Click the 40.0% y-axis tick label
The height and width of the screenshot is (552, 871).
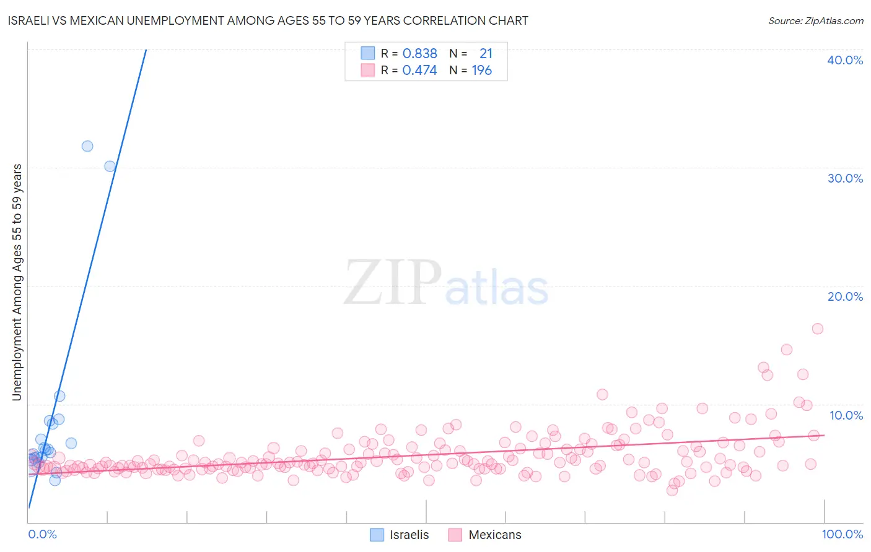[x=845, y=60]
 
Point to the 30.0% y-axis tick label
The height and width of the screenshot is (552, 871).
[x=845, y=178]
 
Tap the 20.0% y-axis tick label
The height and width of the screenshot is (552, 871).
[x=845, y=296]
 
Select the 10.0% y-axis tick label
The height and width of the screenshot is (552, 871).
[x=846, y=415]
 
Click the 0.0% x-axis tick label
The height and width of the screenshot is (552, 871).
[x=43, y=534]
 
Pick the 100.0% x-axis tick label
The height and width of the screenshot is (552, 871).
[x=842, y=534]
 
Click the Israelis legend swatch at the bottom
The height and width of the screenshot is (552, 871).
[x=377, y=535]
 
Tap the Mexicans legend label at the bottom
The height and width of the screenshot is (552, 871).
[x=495, y=535]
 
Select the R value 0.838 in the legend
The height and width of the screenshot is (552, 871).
[x=419, y=54]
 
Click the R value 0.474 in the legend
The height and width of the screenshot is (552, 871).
[x=419, y=71]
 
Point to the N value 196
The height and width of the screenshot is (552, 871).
[x=481, y=71]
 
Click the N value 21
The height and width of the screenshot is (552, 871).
[x=486, y=54]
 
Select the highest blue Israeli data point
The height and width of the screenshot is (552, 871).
[x=87, y=146]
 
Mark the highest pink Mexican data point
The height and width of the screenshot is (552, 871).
[x=817, y=329]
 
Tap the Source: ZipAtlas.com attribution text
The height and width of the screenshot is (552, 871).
[x=815, y=21]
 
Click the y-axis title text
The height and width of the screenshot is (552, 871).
[x=17, y=282]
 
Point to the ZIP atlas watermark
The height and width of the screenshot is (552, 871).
[x=446, y=283]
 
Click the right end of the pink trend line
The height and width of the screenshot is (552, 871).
[x=823, y=435]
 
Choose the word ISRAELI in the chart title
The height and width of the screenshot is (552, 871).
[x=28, y=20]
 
